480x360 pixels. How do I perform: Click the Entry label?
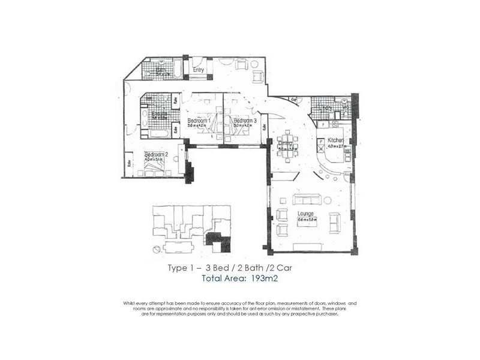click(199, 70)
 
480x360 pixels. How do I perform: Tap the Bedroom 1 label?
click(198, 121)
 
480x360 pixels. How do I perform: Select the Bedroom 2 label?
click(155, 154)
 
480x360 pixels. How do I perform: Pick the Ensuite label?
click(159, 113)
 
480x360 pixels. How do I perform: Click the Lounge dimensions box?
click(307, 220)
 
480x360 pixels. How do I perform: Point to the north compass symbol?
click(156, 248)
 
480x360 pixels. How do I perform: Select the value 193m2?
click(262, 279)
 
